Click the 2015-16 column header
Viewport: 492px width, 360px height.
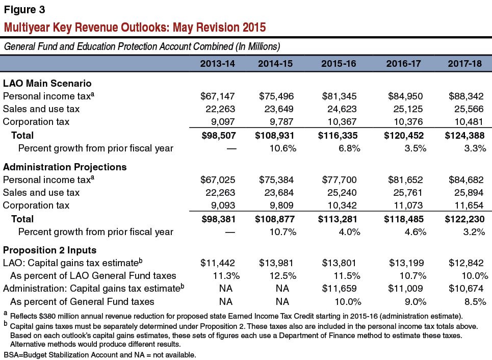click(339, 64)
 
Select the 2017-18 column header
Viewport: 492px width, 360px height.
click(464, 64)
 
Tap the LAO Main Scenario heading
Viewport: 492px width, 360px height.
click(47, 83)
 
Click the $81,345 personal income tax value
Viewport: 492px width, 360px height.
click(339, 96)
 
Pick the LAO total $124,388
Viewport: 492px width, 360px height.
click(464, 135)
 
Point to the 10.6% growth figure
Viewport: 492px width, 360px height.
click(283, 148)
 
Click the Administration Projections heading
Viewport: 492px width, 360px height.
click(65, 167)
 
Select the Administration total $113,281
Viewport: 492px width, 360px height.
click(338, 219)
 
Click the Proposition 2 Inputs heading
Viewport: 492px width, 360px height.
click(49, 250)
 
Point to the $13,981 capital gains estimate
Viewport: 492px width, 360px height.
click(276, 263)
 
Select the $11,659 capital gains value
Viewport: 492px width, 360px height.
click(339, 288)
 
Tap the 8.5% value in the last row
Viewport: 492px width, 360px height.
click(475, 302)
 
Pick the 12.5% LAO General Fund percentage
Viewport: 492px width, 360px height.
click(283, 275)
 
